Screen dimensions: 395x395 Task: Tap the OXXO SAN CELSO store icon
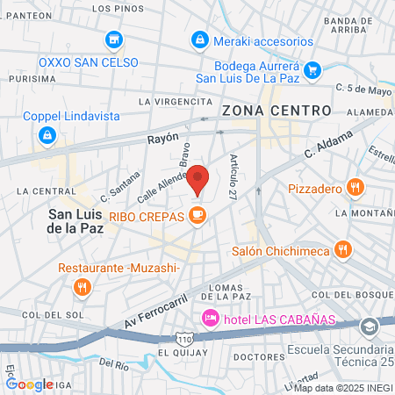coord(113,39)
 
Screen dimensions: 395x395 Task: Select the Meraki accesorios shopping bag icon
coord(201,39)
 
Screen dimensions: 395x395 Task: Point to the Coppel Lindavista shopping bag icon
coord(47,135)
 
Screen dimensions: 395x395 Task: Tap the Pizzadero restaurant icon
coord(355,187)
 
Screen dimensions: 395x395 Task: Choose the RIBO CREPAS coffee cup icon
coord(198,213)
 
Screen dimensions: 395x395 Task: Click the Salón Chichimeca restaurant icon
coord(344,250)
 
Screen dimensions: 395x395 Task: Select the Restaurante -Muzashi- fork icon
coord(82,286)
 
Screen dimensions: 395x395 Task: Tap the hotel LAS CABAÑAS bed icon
coord(210,317)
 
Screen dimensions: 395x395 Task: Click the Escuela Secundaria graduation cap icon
coord(370,326)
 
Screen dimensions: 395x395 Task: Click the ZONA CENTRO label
coord(276,111)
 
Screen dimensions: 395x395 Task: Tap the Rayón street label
coord(162,138)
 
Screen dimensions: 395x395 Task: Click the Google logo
coord(29,384)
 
